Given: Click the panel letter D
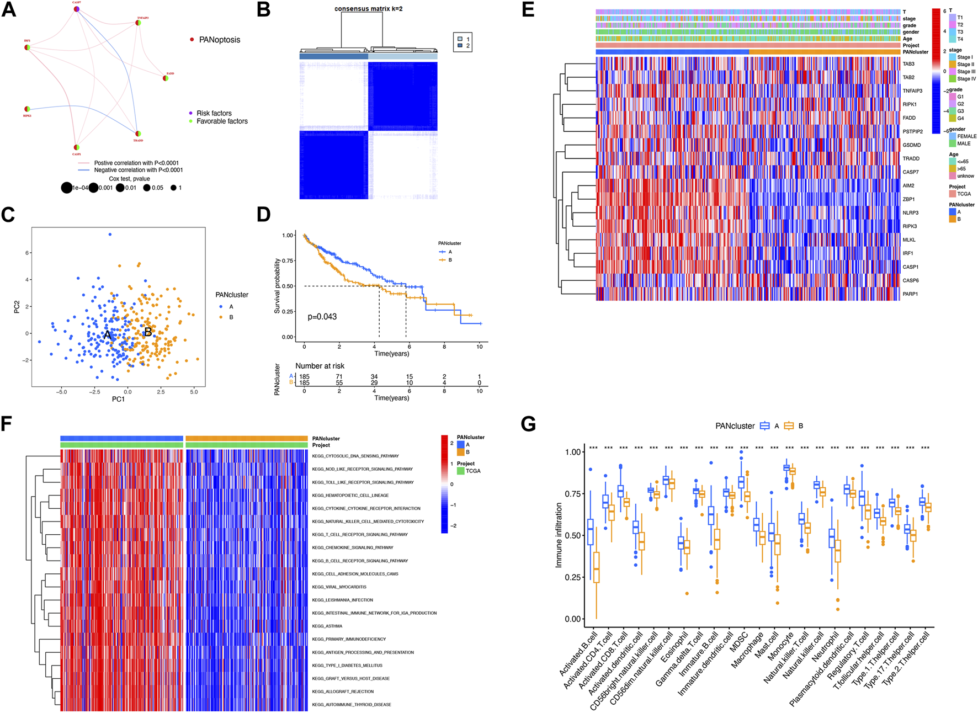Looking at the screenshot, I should [x=264, y=214].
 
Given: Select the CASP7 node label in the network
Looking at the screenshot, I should [x=77, y=3].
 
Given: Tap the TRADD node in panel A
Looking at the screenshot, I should [x=138, y=134].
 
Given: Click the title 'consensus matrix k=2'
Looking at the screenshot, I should [x=368, y=9].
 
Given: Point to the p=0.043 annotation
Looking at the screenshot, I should [x=322, y=317].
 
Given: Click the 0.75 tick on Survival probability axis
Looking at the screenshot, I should [x=288, y=260].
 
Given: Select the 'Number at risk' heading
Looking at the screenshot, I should [x=320, y=366].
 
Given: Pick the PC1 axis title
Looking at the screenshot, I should [x=118, y=398].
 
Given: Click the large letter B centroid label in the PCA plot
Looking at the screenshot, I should [x=147, y=332].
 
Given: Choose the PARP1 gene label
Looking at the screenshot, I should [x=910, y=294].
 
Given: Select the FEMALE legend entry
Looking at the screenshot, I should [x=966, y=136].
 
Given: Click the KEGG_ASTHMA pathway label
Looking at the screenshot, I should [x=327, y=626].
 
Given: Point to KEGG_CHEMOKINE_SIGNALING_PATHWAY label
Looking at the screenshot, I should [x=353, y=548].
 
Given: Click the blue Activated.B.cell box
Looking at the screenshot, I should [x=591, y=532].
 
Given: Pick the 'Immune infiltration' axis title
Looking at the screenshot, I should [x=559, y=535].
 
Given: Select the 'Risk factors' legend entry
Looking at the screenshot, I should [x=214, y=113].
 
